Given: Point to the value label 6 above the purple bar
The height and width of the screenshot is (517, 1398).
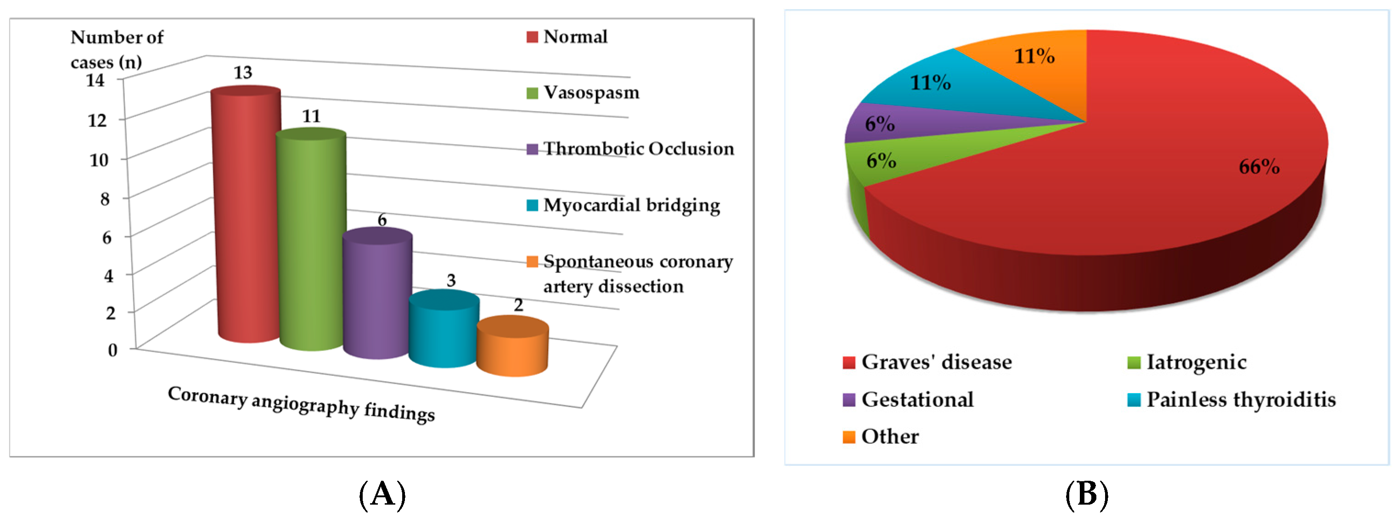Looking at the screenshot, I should (382, 220).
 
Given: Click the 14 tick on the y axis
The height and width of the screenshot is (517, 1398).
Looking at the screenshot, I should (95, 81).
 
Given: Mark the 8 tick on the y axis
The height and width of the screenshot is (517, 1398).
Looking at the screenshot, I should (105, 199).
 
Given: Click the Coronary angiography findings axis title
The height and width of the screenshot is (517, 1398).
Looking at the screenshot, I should (301, 404).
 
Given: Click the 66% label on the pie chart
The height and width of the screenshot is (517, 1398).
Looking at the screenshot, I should (1258, 167).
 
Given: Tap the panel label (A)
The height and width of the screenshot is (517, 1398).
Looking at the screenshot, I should (382, 494).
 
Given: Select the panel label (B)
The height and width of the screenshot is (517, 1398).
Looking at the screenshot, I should (1086, 494).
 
